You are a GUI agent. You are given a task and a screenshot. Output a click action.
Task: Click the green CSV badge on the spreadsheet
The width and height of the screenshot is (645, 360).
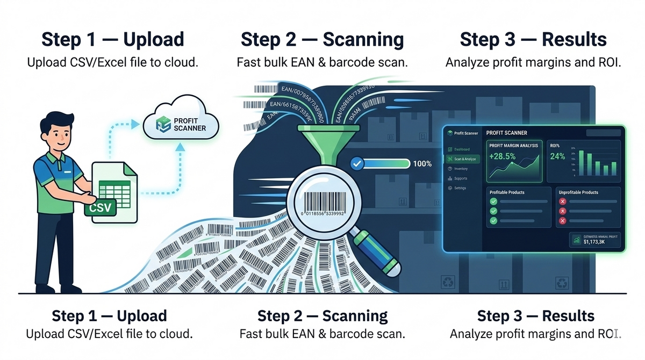[101, 207]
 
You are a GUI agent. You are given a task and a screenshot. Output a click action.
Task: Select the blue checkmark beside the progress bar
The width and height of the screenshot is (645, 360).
[355, 163]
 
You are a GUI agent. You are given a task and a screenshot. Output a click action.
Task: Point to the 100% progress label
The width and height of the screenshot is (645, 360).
[422, 163]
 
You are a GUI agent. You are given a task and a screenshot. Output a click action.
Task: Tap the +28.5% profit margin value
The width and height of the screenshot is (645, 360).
[502, 156]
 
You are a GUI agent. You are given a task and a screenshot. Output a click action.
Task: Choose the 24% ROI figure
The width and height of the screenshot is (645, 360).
[557, 156]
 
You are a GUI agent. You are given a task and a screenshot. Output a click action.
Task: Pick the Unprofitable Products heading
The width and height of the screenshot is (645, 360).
[578, 192]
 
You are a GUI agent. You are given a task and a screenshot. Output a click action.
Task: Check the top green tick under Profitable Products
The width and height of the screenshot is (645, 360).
[493, 201]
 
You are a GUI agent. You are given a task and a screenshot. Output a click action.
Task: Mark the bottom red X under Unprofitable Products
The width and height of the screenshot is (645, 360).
[563, 221]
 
